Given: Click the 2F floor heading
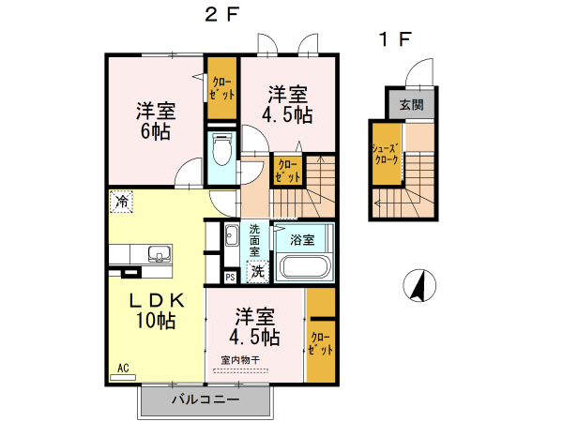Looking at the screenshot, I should [x=221, y=15].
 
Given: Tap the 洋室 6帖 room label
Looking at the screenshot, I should [x=155, y=120].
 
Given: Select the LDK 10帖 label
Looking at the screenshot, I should [x=156, y=310].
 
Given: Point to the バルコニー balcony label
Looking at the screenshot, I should [x=205, y=399].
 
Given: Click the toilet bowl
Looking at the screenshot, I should [x=222, y=149].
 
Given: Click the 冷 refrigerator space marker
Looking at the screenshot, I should [x=122, y=200].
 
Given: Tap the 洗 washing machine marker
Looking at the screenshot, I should [x=256, y=271].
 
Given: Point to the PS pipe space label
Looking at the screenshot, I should [x=230, y=277].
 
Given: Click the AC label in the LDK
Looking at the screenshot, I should [x=123, y=368].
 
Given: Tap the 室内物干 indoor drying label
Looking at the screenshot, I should [x=240, y=359].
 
